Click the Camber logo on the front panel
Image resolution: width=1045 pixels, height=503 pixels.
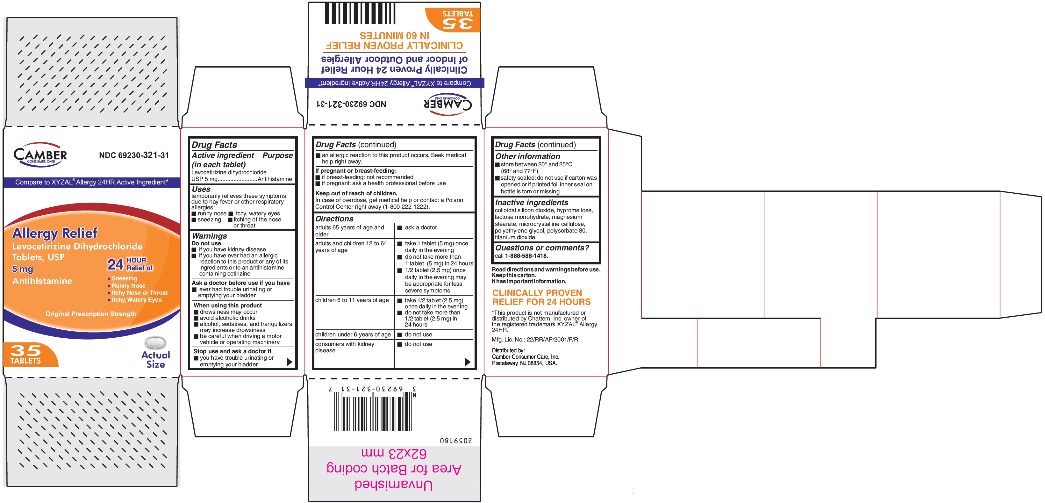coord(40,154)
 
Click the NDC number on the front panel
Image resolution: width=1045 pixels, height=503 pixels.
coord(134,155)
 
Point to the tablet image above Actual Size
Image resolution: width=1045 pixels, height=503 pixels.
coord(155,343)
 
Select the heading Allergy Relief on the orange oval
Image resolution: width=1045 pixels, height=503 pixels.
coord(55,233)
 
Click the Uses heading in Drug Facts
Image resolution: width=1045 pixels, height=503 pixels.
coord(201,189)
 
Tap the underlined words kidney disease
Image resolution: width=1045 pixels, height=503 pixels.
coord(247,249)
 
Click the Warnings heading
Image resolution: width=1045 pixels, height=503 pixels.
coord(209,236)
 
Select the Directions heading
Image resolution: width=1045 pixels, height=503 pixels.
coord(334,219)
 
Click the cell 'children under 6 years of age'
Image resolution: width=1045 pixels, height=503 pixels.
coord(353,335)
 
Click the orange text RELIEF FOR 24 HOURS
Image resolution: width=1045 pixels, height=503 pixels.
coord(541,302)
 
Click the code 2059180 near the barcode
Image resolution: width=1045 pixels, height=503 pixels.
coord(456,441)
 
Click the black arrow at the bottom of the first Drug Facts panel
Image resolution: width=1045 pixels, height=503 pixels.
coord(289,362)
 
